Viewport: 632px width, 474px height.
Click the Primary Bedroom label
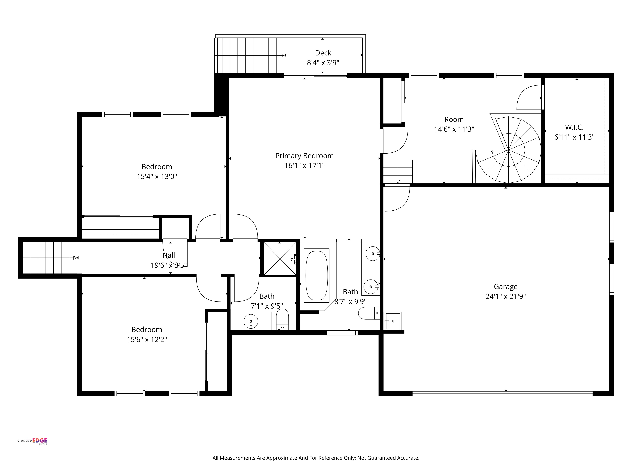point(304,156)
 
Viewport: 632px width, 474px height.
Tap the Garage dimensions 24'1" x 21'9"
point(505,296)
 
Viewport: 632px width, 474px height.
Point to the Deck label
point(323,53)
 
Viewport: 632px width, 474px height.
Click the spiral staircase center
point(509,150)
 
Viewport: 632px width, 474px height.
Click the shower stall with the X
point(280,259)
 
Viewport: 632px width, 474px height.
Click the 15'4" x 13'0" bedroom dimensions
point(157,176)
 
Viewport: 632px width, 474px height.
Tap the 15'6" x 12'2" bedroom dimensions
point(147,339)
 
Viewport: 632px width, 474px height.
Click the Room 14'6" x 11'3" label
point(454,124)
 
